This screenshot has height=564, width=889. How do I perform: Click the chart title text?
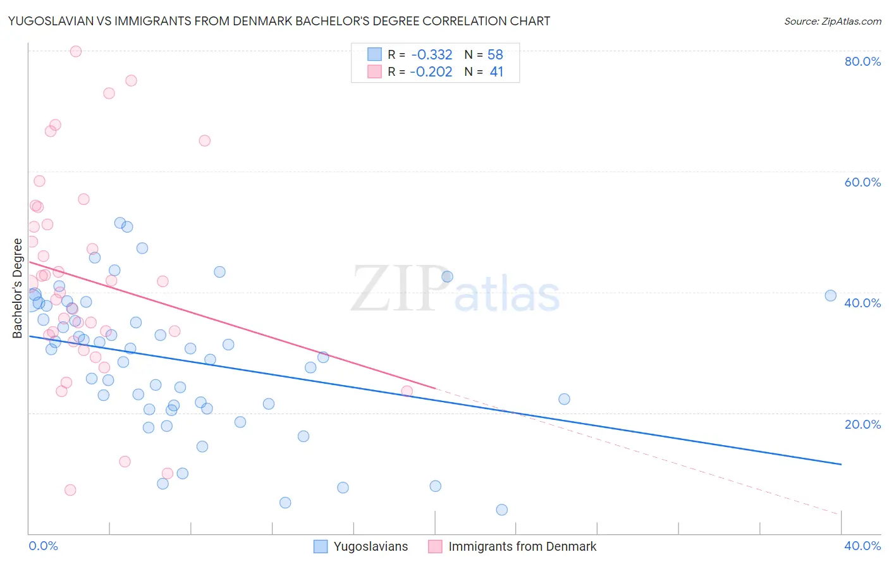pyautogui.click(x=279, y=21)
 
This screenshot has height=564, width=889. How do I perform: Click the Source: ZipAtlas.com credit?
pyautogui.click(x=832, y=21)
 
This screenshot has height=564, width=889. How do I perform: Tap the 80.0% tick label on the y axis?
pyautogui.click(x=862, y=61)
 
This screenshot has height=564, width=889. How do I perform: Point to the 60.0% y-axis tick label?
pyautogui.click(x=862, y=182)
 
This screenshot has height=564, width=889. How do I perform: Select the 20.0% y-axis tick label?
pyautogui.click(x=862, y=424)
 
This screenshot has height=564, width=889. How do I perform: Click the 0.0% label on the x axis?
pyautogui.click(x=43, y=546)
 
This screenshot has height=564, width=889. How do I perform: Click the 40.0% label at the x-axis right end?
pyautogui.click(x=862, y=546)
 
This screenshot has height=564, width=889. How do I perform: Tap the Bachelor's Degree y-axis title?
pyautogui.click(x=18, y=288)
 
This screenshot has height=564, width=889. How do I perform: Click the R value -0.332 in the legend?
pyautogui.click(x=431, y=54)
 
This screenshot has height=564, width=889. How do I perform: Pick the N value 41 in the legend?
pyautogui.click(x=496, y=72)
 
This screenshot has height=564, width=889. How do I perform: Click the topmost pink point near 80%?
pyautogui.click(x=76, y=51)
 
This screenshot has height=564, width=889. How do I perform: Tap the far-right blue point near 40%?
pyautogui.click(x=831, y=295)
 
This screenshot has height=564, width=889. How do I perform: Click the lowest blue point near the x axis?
pyautogui.click(x=502, y=510)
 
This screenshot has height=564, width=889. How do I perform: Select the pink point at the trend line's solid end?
pyautogui.click(x=407, y=391)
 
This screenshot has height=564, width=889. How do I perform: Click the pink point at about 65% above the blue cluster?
pyautogui.click(x=205, y=140)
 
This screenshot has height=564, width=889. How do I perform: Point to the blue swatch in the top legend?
pyautogui.click(x=374, y=54)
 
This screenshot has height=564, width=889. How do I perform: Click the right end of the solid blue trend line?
pyautogui.click(x=841, y=464)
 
